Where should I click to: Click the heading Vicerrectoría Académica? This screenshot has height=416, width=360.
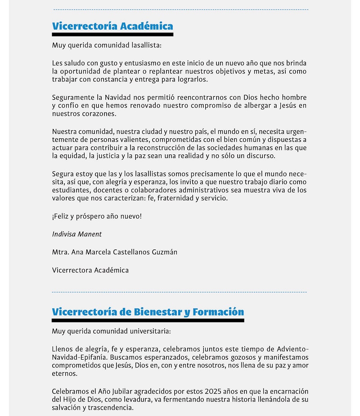point(112,26)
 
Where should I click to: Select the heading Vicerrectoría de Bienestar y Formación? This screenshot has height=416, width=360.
point(148,312)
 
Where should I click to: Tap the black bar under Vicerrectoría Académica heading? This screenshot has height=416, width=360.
point(112,34)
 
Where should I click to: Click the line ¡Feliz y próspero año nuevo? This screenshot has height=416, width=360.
point(97,217)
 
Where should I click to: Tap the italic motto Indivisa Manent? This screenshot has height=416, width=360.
point(77,234)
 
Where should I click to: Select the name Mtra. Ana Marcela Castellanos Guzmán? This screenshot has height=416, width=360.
point(115,252)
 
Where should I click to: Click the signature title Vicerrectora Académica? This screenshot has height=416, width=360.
point(90,270)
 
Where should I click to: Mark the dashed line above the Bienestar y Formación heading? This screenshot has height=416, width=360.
point(180,292)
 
